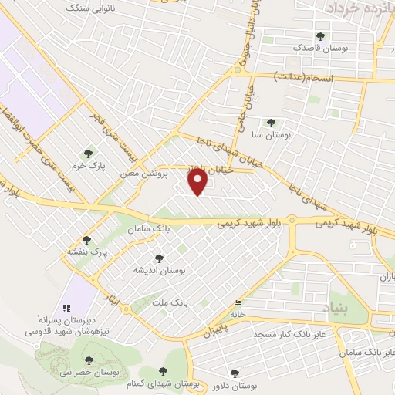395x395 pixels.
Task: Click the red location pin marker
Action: (x=198, y=182)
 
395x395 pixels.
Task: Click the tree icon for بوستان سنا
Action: (x=270, y=122)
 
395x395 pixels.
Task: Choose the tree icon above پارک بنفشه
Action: (x=86, y=240)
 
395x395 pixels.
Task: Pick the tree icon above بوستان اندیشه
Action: (x=159, y=258)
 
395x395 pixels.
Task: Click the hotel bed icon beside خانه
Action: (x=238, y=303)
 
